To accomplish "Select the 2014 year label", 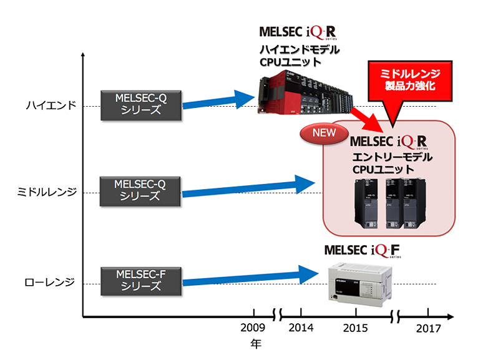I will [x=301, y=328].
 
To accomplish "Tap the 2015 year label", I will [x=356, y=328].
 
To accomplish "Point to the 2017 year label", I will [x=428, y=328].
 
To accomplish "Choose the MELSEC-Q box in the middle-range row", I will [x=140, y=190].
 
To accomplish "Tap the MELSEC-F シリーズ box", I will [x=140, y=280].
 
